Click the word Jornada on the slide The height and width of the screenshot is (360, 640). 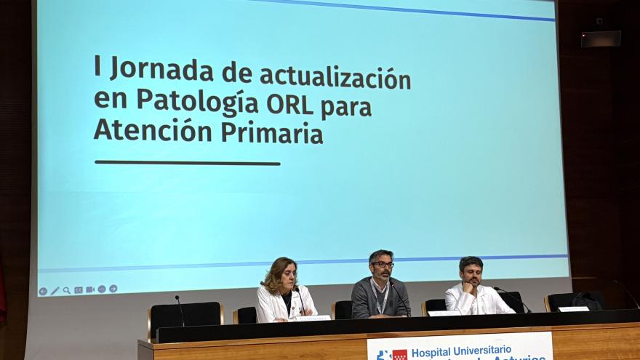[x=162, y=71]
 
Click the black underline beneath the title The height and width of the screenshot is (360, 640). [x=187, y=163]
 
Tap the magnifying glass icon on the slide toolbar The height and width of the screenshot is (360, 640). [x=67, y=290]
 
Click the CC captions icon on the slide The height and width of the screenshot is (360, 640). [x=79, y=289]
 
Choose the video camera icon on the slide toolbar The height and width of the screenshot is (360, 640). [x=90, y=289]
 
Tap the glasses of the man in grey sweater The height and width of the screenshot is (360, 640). [x=383, y=265]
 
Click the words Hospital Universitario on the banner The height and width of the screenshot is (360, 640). [x=461, y=351]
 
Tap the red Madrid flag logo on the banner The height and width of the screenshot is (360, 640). [x=399, y=355]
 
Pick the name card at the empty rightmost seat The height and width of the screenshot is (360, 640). [x=573, y=309]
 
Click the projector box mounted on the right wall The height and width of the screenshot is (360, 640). [x=601, y=39]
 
